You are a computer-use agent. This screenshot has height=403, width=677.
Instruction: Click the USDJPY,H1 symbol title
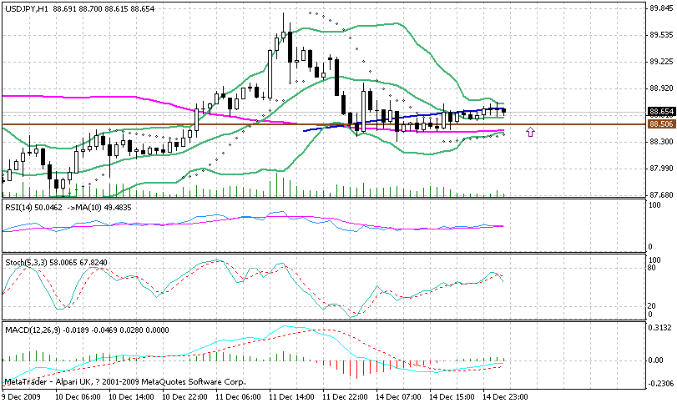tap(25, 8)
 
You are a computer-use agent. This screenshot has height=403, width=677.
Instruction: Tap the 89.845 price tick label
tap(661, 8)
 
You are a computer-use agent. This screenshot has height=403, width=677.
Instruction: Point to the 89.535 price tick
tap(661, 35)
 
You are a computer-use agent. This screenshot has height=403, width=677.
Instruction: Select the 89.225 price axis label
tap(661, 62)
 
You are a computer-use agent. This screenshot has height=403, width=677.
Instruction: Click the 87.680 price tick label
tap(661, 194)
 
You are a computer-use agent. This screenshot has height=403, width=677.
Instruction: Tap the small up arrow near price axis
tap(530, 132)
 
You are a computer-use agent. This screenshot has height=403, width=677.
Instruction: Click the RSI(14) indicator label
tap(19, 206)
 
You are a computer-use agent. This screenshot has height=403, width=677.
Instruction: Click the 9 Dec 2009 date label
tap(23, 396)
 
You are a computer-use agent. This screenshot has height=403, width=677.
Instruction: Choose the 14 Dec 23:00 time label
tap(505, 396)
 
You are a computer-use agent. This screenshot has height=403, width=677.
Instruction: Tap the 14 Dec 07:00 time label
tap(398, 396)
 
